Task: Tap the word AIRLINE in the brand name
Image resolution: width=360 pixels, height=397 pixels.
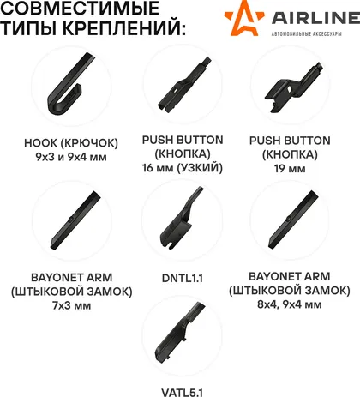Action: [x=315, y=18]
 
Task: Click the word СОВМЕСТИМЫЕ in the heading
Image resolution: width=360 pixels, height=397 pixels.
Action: [x=80, y=8]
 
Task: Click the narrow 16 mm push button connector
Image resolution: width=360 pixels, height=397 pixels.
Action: [x=183, y=85]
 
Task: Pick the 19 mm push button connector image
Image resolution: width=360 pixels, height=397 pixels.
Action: [x=294, y=87]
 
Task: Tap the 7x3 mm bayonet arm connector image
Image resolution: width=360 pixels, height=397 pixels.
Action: [x=75, y=220]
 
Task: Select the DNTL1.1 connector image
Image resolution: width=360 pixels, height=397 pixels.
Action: [x=180, y=220]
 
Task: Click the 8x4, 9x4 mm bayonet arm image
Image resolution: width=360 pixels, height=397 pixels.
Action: [x=293, y=220]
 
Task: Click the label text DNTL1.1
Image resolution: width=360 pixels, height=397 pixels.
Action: [x=183, y=278]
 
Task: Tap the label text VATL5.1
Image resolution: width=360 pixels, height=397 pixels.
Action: [x=183, y=392]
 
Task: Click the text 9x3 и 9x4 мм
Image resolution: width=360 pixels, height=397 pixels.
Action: [x=71, y=157]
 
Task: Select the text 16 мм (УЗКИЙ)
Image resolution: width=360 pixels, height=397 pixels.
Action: [x=183, y=168]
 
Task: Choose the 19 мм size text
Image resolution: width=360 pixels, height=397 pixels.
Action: [x=290, y=168]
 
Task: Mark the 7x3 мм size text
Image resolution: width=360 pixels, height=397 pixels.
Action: [x=72, y=305]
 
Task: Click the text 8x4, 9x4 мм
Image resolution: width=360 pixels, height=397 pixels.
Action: [x=290, y=304]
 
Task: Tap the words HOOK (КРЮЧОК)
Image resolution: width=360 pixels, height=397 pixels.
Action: [x=71, y=143]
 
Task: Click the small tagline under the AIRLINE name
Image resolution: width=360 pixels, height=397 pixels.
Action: [x=306, y=34]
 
